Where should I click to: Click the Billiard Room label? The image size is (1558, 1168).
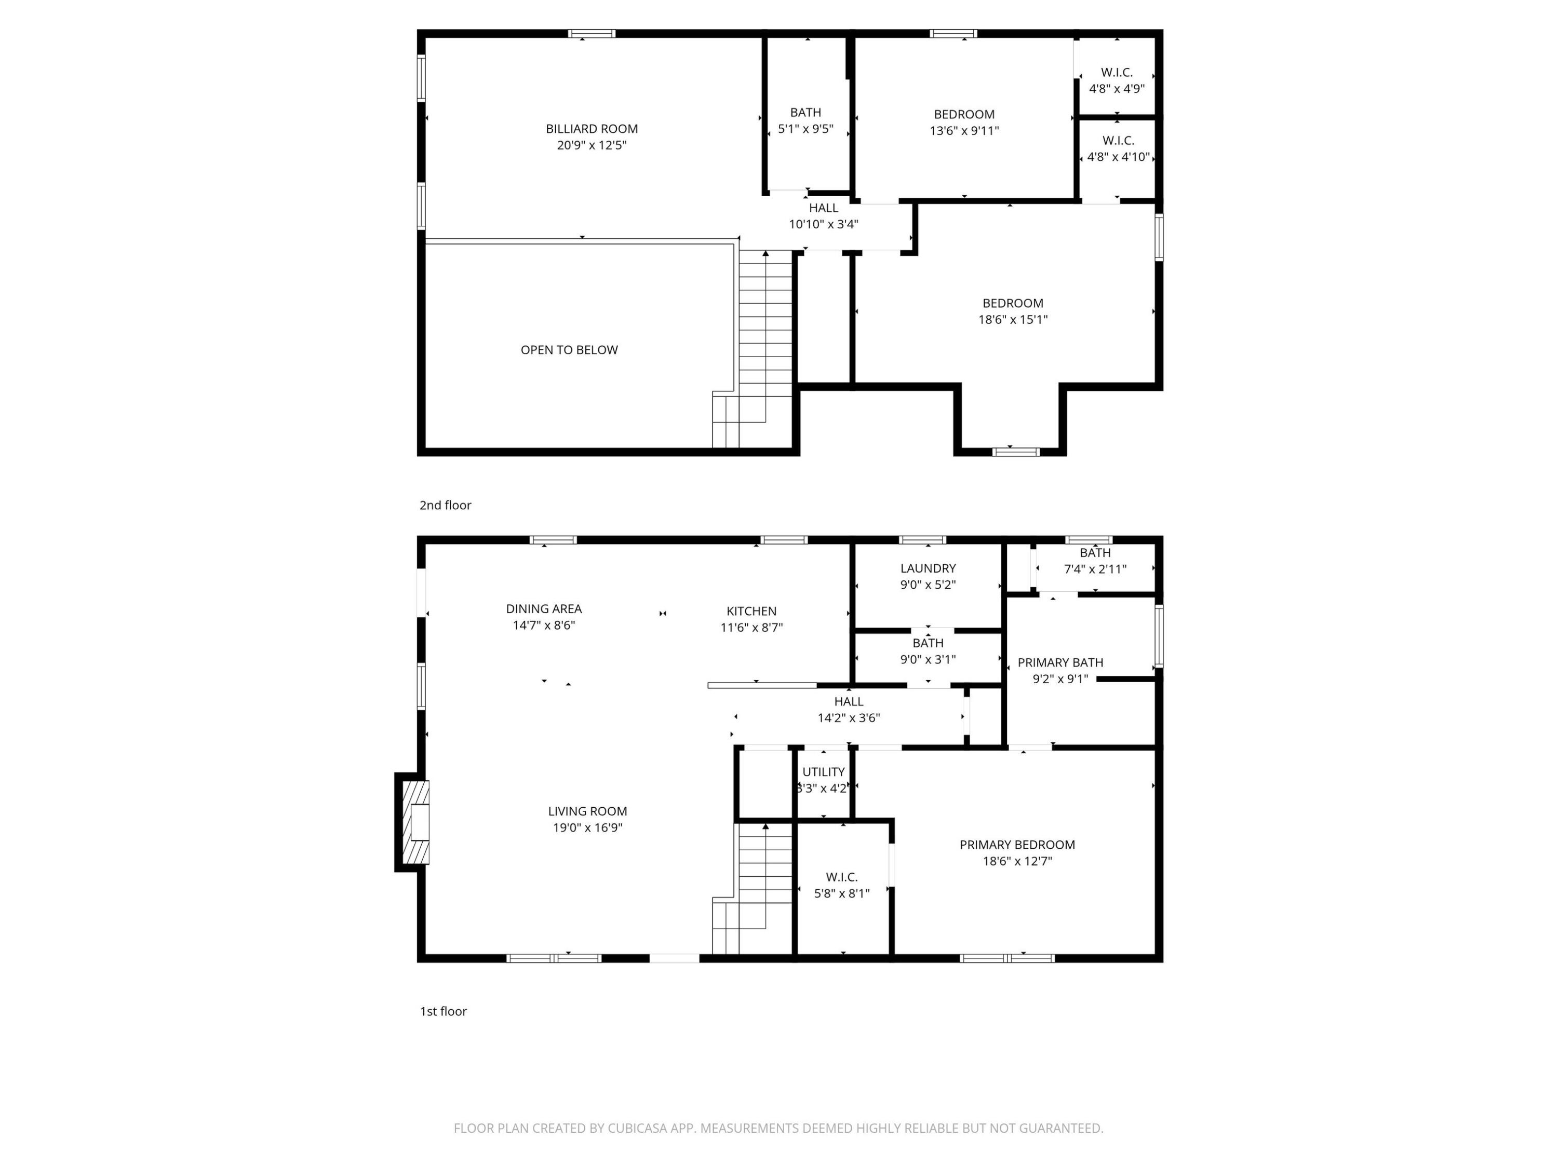(592, 129)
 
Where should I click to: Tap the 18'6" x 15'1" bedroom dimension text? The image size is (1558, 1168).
(1013, 320)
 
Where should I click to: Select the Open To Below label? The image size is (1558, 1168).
(569, 350)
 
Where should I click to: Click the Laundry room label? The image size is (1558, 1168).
(928, 568)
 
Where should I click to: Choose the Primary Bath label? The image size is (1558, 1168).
(1060, 662)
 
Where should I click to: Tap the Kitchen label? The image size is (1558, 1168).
(751, 611)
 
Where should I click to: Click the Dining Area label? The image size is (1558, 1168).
(544, 609)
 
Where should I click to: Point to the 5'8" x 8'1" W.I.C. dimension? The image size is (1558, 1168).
(842, 893)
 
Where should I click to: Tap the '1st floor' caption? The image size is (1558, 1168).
(443, 1011)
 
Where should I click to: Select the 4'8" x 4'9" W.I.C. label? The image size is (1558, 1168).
(1117, 89)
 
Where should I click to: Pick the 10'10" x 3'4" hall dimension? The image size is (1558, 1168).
(823, 225)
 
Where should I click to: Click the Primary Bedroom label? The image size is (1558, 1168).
(1017, 845)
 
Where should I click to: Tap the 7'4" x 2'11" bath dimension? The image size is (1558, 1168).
(1095, 569)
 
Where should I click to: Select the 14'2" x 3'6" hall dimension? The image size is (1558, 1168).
(849, 718)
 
